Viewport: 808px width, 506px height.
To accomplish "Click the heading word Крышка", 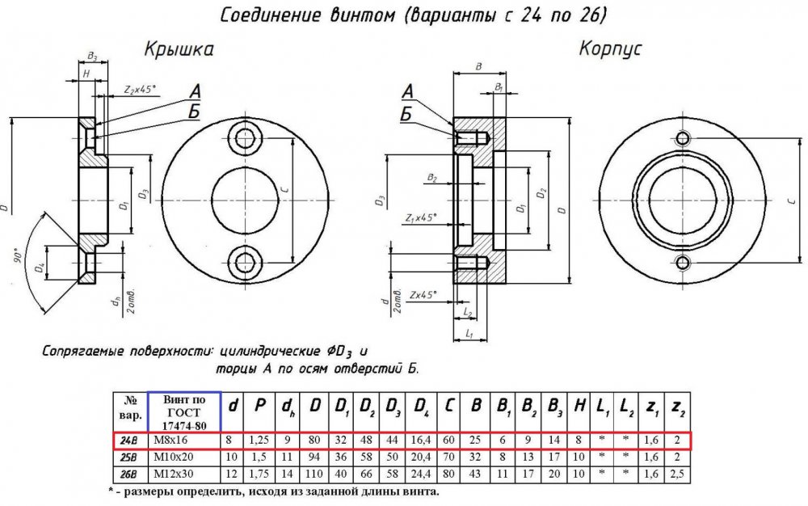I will (179, 50).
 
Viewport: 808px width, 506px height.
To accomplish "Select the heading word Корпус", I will (610, 49).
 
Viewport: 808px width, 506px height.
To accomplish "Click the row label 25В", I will (128, 458).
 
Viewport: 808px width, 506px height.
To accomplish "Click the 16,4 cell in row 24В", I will (421, 441).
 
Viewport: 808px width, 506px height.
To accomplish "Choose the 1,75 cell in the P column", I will (260, 474).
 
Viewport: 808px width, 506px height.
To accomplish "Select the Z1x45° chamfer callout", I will (420, 217).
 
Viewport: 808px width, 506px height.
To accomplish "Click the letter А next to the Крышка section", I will (195, 91).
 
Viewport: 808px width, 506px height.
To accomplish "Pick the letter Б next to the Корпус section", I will (406, 113).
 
